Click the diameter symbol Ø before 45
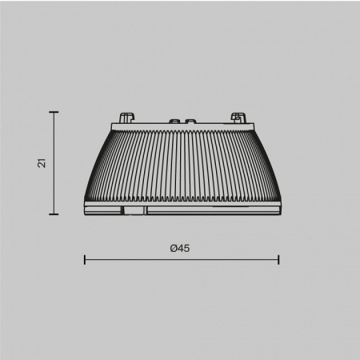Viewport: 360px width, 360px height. coord(174,248)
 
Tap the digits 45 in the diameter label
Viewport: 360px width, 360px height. coord(184,248)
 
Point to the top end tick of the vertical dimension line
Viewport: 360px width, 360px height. coord(54,112)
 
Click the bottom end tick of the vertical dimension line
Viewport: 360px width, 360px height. coord(54,214)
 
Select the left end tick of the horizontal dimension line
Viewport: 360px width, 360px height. coord(85,259)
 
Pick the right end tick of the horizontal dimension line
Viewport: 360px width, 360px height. coord(278,259)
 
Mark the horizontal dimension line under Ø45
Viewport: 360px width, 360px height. coord(182,259)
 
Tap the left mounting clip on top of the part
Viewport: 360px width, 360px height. coord(126,117)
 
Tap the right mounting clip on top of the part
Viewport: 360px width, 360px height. coord(237,117)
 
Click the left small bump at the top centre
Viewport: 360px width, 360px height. coord(171,121)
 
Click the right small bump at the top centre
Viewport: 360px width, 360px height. coord(191,121)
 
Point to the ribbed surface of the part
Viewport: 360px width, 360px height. coord(182,164)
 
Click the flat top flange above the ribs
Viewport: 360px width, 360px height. coord(182,126)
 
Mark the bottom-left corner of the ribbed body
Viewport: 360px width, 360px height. coord(84,204)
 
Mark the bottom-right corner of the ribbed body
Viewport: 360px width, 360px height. coord(279,204)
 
